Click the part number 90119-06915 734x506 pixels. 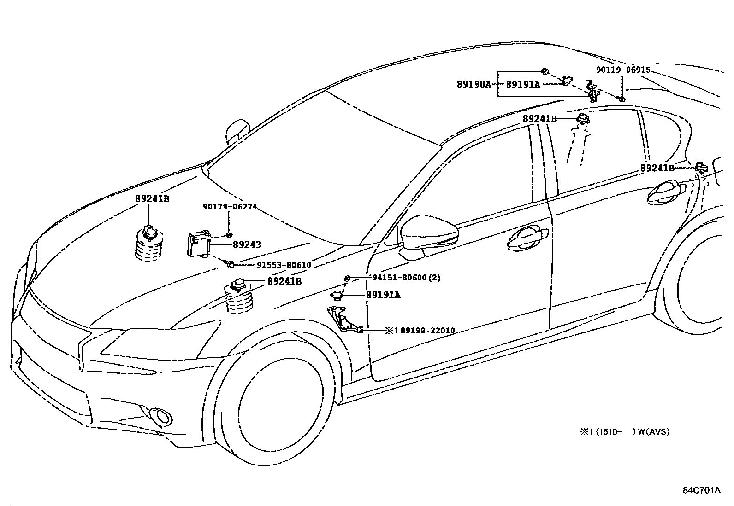[623, 70]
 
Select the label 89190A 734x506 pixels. [474, 85]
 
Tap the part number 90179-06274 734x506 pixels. [230, 207]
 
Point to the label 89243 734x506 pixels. [247, 244]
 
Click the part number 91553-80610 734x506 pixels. [284, 265]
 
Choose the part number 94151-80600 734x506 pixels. [399, 278]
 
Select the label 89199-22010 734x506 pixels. [427, 331]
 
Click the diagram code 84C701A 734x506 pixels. [702, 490]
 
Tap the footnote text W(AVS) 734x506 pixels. [654, 432]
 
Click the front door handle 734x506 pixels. [527, 237]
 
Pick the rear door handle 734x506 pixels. [666, 192]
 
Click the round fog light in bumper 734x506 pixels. [162, 416]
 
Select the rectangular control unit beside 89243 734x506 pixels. [199, 244]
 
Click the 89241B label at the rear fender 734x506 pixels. [657, 168]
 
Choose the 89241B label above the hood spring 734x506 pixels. [152, 198]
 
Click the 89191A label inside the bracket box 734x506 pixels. [523, 85]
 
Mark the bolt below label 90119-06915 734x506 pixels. [621, 98]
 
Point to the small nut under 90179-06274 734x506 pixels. [230, 235]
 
